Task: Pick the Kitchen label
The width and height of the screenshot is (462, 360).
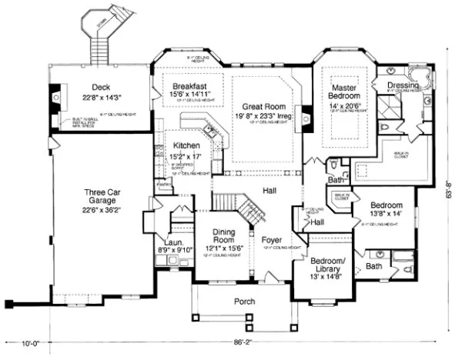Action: pyautogui.click(x=187, y=145)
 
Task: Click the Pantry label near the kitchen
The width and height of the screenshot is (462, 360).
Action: pyautogui.click(x=163, y=185)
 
